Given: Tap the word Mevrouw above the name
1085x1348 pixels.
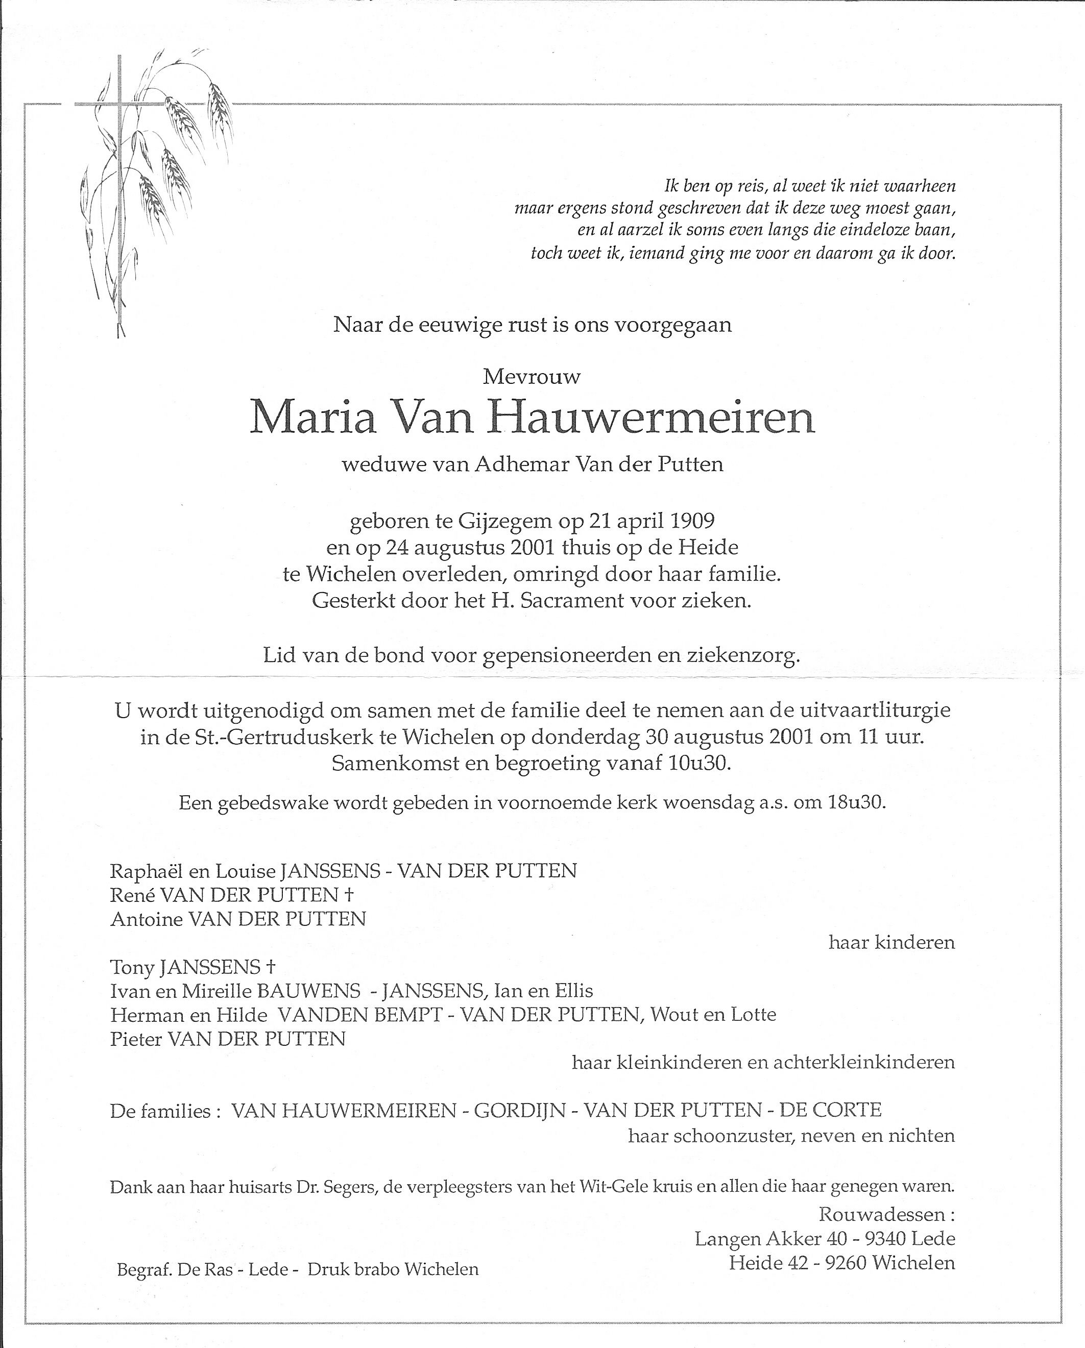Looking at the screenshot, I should click(x=532, y=376).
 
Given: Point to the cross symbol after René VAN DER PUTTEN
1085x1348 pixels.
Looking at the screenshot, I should click(x=349, y=895).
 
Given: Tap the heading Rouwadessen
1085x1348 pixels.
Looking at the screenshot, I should click(x=883, y=1214).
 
